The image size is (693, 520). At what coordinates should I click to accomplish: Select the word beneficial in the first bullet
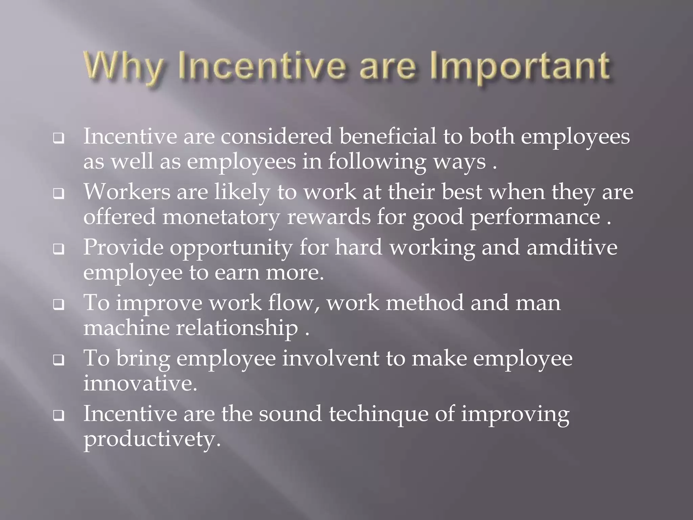(x=388, y=136)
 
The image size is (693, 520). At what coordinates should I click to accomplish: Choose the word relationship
(x=237, y=328)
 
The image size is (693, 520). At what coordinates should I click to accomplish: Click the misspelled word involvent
(x=331, y=358)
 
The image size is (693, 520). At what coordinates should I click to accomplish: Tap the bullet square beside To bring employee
(x=59, y=361)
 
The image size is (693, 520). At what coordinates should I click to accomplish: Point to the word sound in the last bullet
(x=290, y=414)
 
